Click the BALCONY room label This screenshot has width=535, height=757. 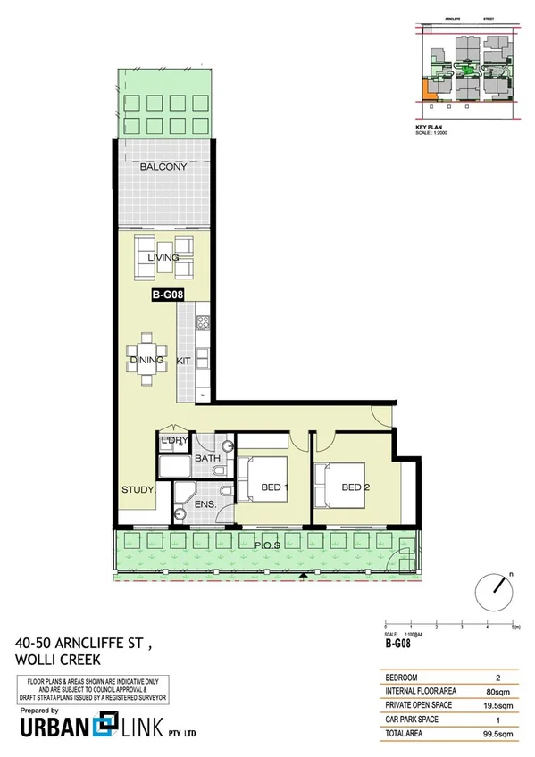tap(163, 167)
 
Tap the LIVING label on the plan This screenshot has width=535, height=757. tap(163, 257)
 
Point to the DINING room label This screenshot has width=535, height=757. tap(146, 361)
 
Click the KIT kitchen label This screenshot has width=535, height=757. tap(185, 361)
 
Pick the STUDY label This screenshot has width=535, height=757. tap(139, 490)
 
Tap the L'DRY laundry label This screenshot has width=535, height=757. tap(172, 440)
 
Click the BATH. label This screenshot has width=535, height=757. tap(208, 460)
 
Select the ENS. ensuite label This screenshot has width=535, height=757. tap(204, 505)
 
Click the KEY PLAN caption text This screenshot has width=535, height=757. tap(431, 128)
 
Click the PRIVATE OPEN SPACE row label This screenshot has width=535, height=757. tap(418, 703)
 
